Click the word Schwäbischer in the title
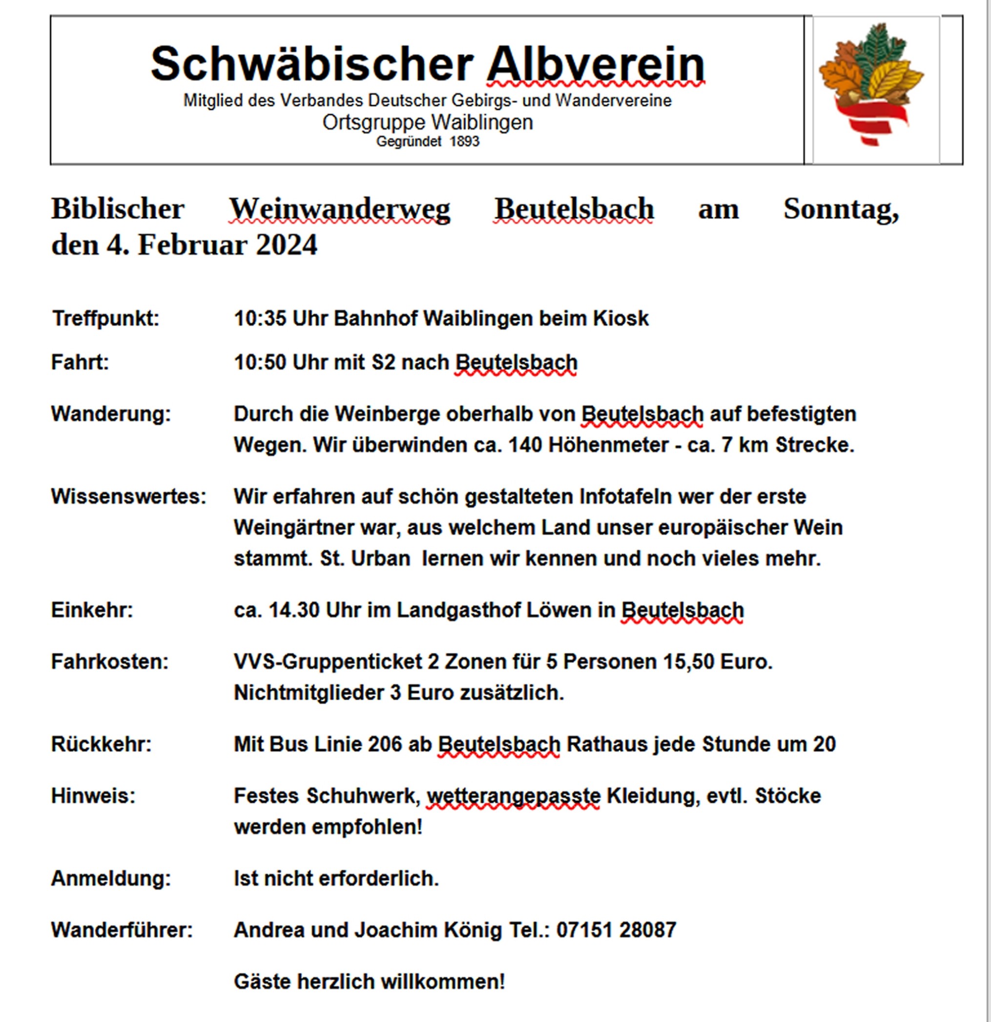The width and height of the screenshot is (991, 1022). [x=312, y=64]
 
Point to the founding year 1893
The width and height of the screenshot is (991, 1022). [x=464, y=142]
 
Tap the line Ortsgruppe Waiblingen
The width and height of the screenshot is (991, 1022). [x=428, y=123]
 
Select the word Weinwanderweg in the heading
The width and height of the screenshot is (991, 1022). [x=339, y=209]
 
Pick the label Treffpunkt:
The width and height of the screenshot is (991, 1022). [x=106, y=318]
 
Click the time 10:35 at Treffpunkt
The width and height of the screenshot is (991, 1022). [x=260, y=318]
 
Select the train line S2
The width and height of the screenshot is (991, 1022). [x=384, y=362]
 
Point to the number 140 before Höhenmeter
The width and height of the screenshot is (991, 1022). [x=525, y=445]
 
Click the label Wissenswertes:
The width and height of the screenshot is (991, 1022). [x=129, y=497]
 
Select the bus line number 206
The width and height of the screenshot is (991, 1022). [x=385, y=744]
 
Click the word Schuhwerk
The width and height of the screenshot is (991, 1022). [x=363, y=796]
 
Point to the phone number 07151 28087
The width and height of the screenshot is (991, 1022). [x=616, y=930]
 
